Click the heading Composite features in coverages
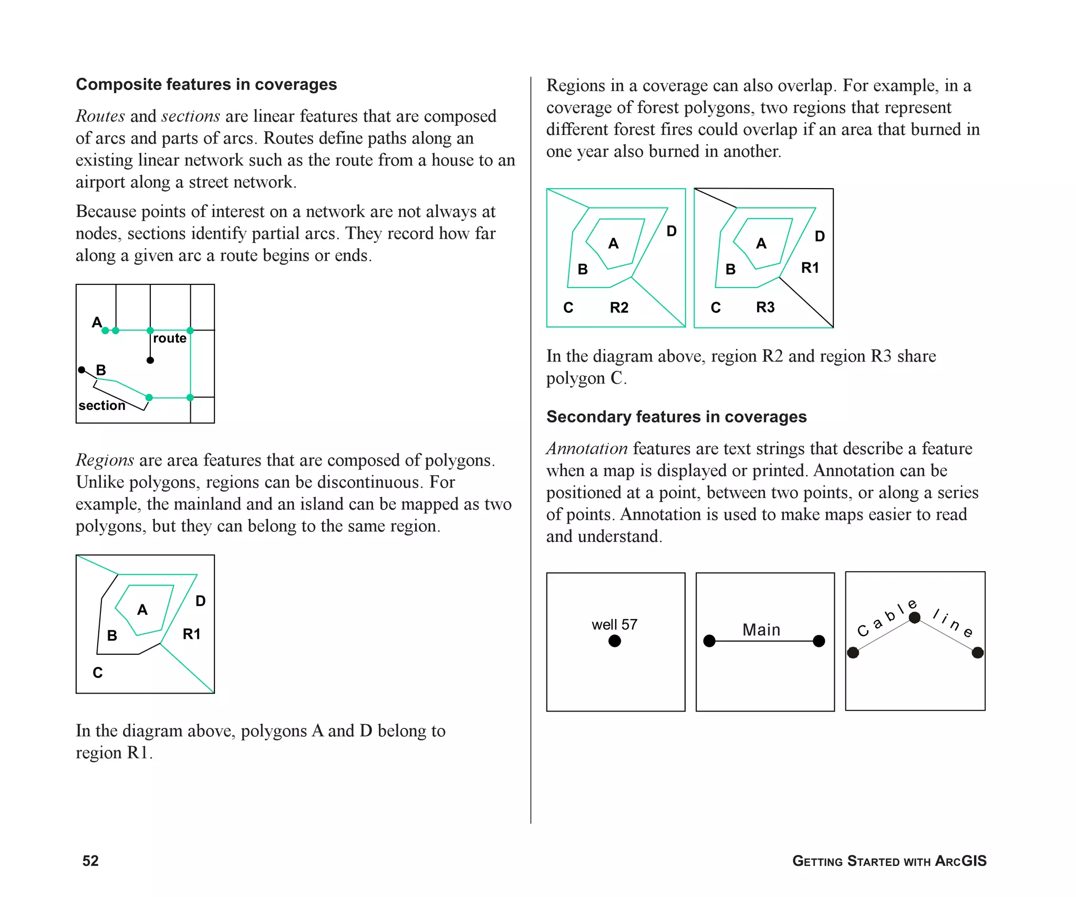pyautogui.click(x=206, y=85)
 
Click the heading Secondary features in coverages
pyautogui.click(x=676, y=417)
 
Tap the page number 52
pyautogui.click(x=90, y=861)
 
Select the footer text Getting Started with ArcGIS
pyautogui.click(x=889, y=861)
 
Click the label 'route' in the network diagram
pyautogui.click(x=169, y=338)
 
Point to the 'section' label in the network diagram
pyautogui.click(x=102, y=406)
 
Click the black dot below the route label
pyautogui.click(x=150, y=360)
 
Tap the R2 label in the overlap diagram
pyautogui.click(x=619, y=307)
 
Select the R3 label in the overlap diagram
pyautogui.click(x=765, y=307)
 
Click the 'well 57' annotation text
pyautogui.click(x=614, y=624)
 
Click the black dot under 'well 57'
pyautogui.click(x=615, y=641)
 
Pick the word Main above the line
pyautogui.click(x=761, y=630)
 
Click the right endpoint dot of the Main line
pyautogui.click(x=819, y=641)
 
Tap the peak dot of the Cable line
pyautogui.click(x=915, y=618)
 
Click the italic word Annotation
pyautogui.click(x=587, y=449)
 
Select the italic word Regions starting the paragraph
pyautogui.click(x=105, y=460)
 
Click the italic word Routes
pyautogui.click(x=100, y=116)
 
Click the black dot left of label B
pyautogui.click(x=81, y=370)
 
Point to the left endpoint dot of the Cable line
pyautogui.click(x=853, y=653)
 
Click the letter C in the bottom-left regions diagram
pyautogui.click(x=98, y=673)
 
